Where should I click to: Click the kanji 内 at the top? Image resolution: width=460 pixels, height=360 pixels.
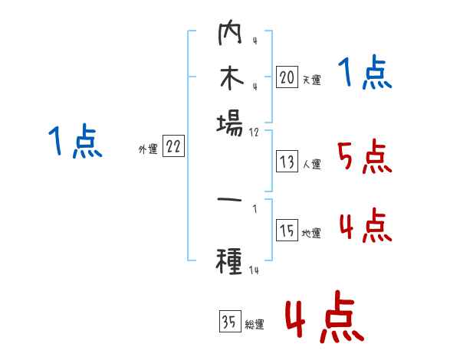(x=229, y=34)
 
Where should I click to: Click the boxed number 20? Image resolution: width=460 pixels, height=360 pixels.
(x=287, y=77)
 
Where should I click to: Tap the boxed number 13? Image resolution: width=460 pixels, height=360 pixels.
(x=287, y=162)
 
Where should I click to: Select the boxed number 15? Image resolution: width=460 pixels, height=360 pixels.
(x=287, y=231)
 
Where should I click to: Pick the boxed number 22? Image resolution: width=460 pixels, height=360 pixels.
(x=174, y=147)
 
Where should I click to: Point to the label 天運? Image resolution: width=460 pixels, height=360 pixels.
(x=311, y=80)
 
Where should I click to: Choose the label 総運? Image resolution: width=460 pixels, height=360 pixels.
(x=255, y=325)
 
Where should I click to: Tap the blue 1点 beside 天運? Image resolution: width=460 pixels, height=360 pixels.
(x=365, y=74)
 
